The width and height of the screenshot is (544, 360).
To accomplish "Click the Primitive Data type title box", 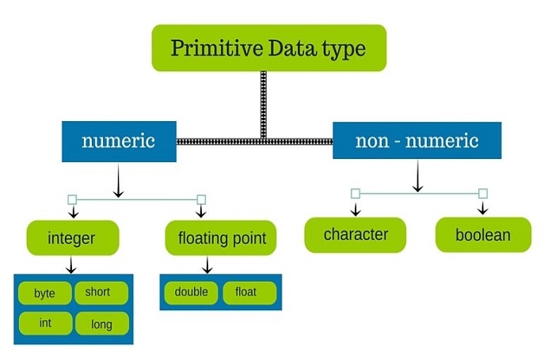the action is pyautogui.click(x=269, y=47).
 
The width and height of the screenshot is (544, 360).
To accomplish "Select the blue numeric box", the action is pyautogui.click(x=119, y=142).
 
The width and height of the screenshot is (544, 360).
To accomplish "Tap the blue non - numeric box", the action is pyautogui.click(x=417, y=141).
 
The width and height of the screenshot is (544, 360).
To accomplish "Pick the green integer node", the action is pyautogui.click(x=73, y=238).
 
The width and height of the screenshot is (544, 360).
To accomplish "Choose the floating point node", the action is pyautogui.click(x=221, y=238).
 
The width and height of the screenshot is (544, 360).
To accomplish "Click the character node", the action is pyautogui.click(x=356, y=235).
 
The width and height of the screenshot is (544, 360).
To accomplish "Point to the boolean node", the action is pyautogui.click(x=483, y=235).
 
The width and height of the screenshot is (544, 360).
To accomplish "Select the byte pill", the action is pyautogui.click(x=45, y=293).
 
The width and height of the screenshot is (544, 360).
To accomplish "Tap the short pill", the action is pyautogui.click(x=101, y=293).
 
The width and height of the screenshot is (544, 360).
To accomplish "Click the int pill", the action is pyautogui.click(x=45, y=324).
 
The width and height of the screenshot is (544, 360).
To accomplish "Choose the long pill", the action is pyautogui.click(x=102, y=324).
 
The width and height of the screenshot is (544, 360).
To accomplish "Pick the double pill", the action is pyautogui.click(x=191, y=293).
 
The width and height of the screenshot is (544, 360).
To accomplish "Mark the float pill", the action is pyautogui.click(x=249, y=293).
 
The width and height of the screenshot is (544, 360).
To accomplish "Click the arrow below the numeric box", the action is pyautogui.click(x=119, y=180).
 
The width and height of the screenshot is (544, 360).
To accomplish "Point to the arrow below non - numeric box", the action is pyautogui.click(x=418, y=176).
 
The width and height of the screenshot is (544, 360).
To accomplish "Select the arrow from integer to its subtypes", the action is pyautogui.click(x=71, y=265).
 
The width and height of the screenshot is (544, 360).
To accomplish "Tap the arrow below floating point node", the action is pyautogui.click(x=207, y=265).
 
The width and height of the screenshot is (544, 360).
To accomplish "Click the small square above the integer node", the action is pyautogui.click(x=72, y=199).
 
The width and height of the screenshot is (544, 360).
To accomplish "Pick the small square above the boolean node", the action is pyautogui.click(x=483, y=194).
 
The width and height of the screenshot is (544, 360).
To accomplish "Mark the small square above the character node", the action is pyautogui.click(x=356, y=194).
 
